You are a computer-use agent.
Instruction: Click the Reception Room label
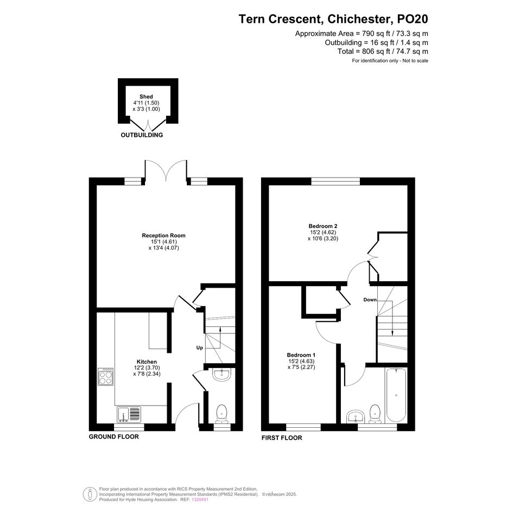point(163,236)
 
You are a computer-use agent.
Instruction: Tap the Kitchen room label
point(147,362)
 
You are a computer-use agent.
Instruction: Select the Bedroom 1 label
point(301,356)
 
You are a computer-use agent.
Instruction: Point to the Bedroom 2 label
point(323,226)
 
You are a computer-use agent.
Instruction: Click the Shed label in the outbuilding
point(146,97)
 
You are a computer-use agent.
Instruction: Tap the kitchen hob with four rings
point(106,377)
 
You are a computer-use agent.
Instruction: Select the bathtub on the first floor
point(396,395)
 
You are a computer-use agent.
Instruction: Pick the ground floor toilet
point(222,414)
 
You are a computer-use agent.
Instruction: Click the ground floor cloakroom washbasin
point(222,375)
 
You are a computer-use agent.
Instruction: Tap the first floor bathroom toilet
point(375,414)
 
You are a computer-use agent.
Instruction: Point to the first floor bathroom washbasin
point(356,416)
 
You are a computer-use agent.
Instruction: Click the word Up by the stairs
point(200,348)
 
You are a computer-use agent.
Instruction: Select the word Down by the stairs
point(370,300)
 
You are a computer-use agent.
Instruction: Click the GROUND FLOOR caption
point(114,437)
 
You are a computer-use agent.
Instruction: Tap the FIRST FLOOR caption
point(282,438)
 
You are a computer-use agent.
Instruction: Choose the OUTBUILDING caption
point(142,135)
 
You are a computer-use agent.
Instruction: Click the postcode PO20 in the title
point(412,19)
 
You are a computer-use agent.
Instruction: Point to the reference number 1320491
point(200,499)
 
